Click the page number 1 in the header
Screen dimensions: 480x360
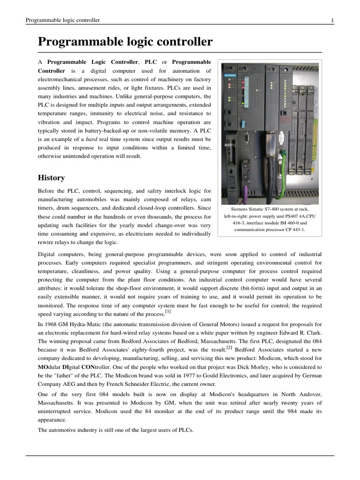pos(332,20)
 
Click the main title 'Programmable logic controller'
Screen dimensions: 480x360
pos(125,42)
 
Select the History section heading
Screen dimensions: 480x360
pos(51,178)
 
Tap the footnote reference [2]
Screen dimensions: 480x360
pos(230,347)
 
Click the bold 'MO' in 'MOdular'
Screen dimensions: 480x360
pos(43,367)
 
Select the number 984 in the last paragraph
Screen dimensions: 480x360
pos(295,412)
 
